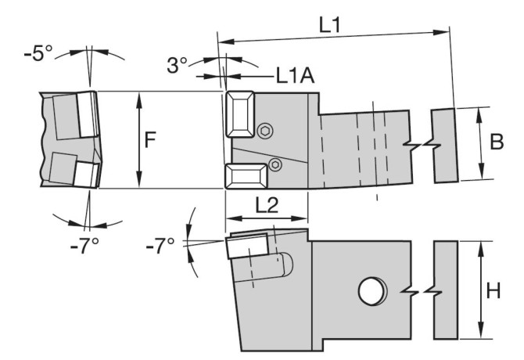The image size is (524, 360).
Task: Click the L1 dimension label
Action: (330, 25)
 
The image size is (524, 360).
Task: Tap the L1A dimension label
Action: (295, 76)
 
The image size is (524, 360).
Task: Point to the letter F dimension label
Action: (150, 140)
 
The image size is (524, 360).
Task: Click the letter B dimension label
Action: (497, 142)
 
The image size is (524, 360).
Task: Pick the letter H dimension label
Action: (493, 290)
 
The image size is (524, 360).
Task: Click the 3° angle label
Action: (177, 65)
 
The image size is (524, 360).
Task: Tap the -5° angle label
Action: (38, 53)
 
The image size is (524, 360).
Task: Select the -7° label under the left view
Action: (84, 246)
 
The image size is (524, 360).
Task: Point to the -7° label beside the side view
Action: (160, 246)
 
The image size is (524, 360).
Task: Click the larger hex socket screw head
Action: (265, 131)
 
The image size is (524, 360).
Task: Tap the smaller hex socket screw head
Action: (276, 164)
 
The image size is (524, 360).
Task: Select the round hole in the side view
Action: (372, 290)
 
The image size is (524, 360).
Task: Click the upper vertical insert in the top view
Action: (240, 114)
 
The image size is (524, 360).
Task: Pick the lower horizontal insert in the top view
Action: (246, 176)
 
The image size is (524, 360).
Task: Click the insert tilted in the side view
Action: (248, 246)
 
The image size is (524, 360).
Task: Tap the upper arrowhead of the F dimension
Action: (139, 101)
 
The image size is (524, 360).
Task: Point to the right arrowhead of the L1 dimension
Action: (441, 32)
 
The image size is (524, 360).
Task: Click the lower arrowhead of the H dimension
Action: (481, 330)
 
